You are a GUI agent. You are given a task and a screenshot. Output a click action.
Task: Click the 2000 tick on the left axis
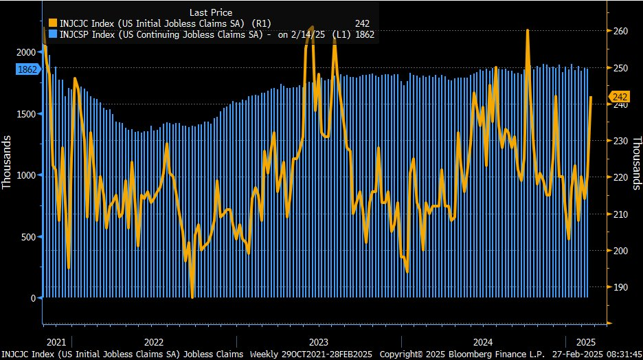[25, 52]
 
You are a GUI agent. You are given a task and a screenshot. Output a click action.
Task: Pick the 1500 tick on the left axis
[25, 114]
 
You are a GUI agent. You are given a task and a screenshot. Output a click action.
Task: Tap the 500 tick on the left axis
[27, 237]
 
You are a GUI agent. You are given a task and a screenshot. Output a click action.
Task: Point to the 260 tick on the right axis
[621, 32]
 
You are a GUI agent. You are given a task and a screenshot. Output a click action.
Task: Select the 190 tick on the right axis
[621, 287]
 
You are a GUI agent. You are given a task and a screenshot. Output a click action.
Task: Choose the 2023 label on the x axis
[318, 341]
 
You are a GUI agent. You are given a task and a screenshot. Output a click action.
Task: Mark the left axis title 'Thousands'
[8, 163]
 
